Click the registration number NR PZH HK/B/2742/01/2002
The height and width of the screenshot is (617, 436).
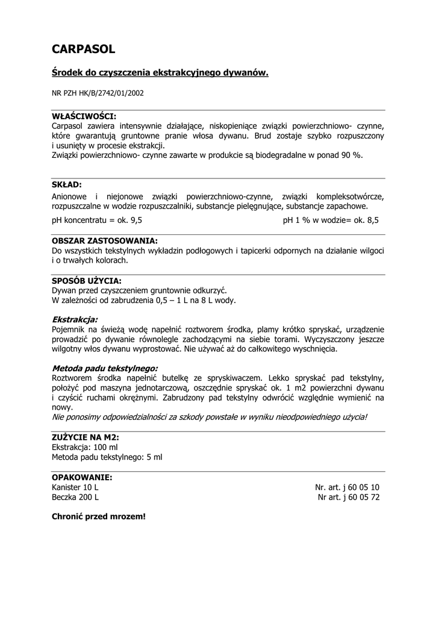click(x=98, y=93)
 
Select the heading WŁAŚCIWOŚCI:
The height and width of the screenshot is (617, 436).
click(x=84, y=116)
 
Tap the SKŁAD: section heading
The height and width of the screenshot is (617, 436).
click(x=67, y=184)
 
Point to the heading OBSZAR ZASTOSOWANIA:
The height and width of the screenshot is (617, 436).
click(x=105, y=240)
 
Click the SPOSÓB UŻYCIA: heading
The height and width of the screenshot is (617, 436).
click(x=87, y=281)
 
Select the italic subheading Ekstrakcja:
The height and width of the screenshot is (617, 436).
click(x=75, y=319)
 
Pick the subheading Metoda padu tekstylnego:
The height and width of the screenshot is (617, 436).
click(x=105, y=368)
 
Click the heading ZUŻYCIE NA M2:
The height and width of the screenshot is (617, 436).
click(x=86, y=437)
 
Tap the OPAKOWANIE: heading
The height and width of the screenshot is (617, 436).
click(x=82, y=477)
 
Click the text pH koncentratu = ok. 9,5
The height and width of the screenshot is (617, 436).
click(x=97, y=221)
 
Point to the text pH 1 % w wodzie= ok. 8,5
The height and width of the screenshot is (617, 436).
click(x=331, y=221)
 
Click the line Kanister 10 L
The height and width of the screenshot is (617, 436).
click(x=75, y=487)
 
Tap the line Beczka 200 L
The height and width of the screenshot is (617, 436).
click(x=75, y=498)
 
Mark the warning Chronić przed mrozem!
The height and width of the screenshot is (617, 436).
click(x=99, y=517)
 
